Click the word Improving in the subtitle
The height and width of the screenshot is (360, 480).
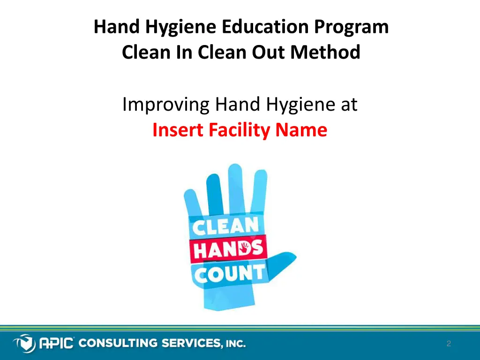tap(165, 105)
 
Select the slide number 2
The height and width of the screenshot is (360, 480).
tap(449, 344)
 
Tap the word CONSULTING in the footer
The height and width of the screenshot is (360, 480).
tap(119, 344)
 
